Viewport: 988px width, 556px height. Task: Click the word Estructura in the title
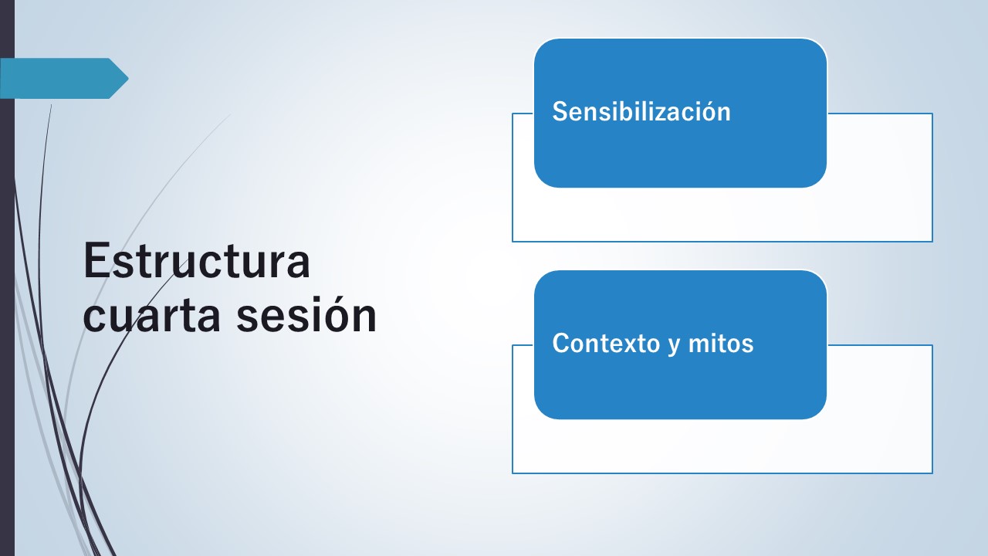tap(197, 261)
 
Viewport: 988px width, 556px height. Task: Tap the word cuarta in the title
tap(151, 316)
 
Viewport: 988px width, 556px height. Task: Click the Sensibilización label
tap(641, 111)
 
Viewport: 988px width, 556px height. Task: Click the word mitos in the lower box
tap(721, 343)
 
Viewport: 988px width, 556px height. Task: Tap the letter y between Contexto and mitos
tap(673, 346)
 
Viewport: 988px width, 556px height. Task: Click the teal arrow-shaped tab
tap(64, 78)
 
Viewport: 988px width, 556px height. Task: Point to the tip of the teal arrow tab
tap(128, 78)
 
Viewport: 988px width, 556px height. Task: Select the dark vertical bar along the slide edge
tap(7, 278)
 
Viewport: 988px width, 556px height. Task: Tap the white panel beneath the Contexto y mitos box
tap(722, 446)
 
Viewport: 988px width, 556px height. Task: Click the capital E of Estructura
tap(96, 261)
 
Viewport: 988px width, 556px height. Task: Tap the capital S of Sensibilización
tap(560, 111)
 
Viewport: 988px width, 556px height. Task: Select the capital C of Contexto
tap(561, 343)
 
